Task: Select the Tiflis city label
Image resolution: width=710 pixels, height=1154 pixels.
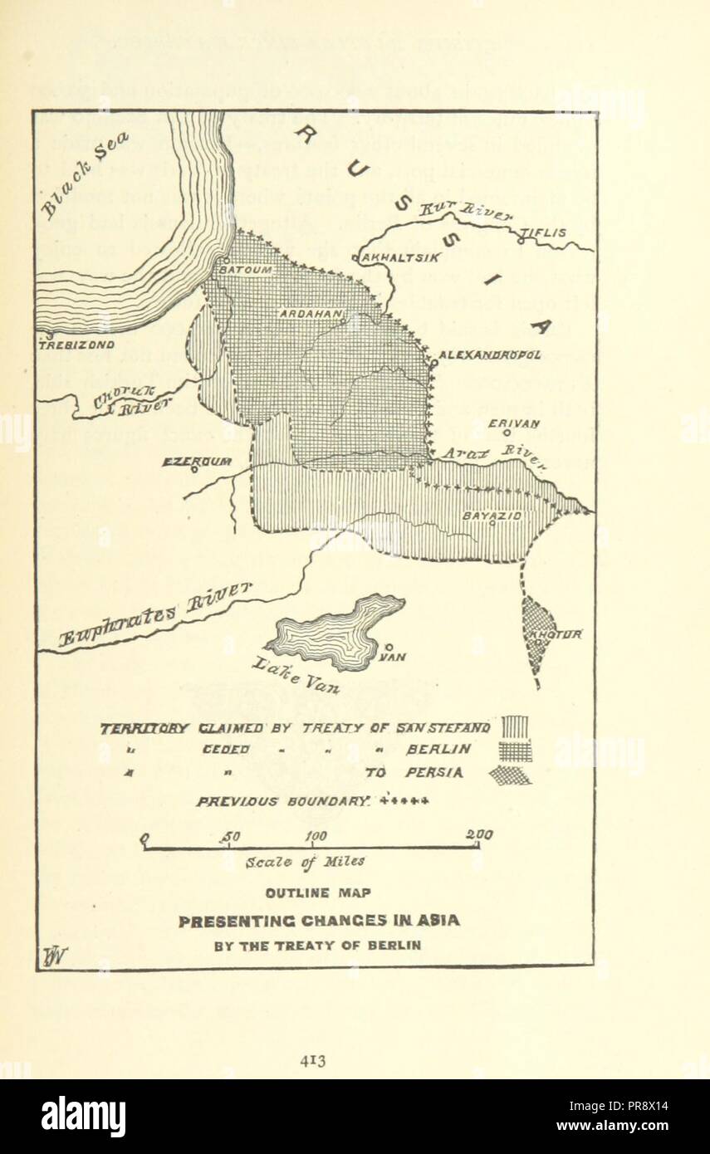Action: [545, 233]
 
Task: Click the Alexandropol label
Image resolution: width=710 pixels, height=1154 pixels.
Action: [490, 355]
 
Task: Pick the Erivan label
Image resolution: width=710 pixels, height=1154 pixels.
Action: [514, 423]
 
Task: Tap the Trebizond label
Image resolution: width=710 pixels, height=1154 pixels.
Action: [77, 343]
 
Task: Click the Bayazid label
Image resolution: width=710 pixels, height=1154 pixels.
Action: [492, 516]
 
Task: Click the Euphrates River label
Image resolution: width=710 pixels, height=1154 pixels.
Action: [155, 614]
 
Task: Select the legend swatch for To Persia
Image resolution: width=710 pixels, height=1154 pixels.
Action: [511, 775]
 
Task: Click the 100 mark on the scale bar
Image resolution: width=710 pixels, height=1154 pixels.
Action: [316, 835]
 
